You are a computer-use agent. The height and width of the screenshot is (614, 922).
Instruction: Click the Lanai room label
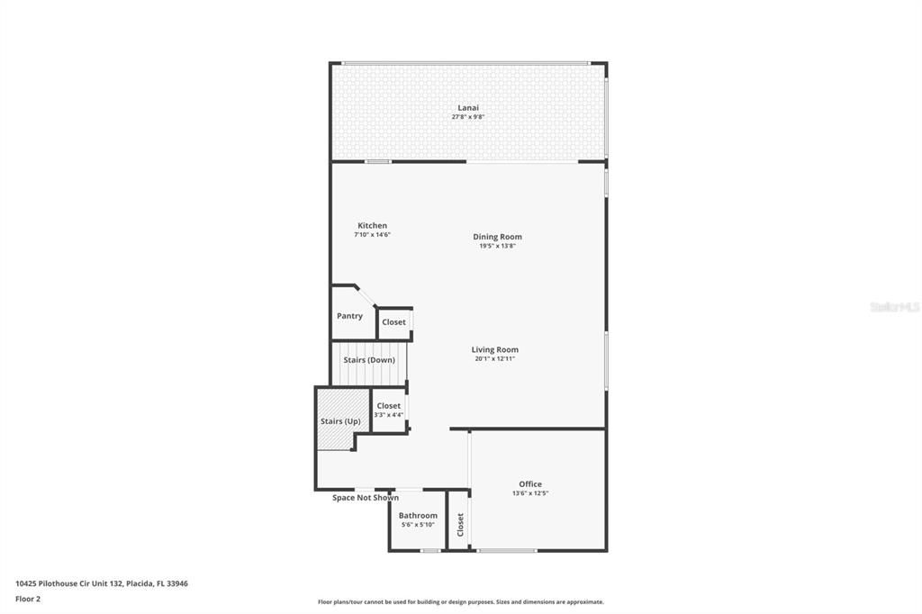click(x=468, y=108)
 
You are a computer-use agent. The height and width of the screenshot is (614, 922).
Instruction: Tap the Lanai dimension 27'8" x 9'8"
click(x=468, y=117)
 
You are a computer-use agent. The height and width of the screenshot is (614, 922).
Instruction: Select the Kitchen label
click(x=372, y=226)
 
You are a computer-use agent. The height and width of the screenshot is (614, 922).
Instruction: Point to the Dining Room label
click(x=497, y=238)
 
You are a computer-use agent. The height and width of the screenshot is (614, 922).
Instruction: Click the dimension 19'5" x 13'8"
click(x=497, y=246)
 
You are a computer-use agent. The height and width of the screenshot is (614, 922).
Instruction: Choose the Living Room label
click(x=494, y=350)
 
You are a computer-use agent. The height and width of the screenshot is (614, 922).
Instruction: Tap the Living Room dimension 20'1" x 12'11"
click(x=494, y=358)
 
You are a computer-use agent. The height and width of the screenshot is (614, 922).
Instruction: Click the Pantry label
click(x=349, y=316)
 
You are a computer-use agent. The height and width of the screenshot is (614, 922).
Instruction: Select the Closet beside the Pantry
click(x=393, y=322)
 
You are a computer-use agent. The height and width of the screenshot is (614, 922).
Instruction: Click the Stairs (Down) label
click(x=369, y=360)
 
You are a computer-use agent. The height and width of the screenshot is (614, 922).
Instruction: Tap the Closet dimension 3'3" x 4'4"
click(x=388, y=415)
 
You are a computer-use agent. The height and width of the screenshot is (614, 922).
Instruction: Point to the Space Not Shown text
click(x=366, y=498)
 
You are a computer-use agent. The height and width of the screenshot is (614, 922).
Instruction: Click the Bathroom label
click(x=418, y=516)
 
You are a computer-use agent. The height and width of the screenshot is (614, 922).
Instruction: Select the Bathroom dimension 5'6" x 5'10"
click(x=418, y=525)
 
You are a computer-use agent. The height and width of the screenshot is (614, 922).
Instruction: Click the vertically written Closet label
click(x=460, y=524)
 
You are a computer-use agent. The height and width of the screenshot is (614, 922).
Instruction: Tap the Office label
click(x=530, y=484)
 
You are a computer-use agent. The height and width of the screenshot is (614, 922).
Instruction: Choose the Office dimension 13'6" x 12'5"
click(x=530, y=493)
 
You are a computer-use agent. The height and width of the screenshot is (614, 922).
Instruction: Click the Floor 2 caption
click(x=28, y=599)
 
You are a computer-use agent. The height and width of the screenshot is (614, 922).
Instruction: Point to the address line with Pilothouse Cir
click(x=102, y=583)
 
